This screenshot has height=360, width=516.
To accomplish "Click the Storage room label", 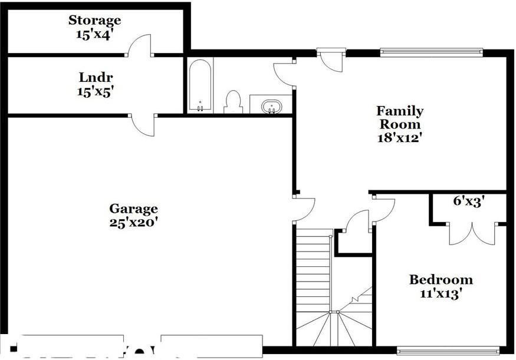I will tap(95, 21).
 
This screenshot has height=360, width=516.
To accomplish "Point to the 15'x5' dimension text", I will tap(95, 91).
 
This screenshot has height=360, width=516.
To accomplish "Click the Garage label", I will tap(133, 209).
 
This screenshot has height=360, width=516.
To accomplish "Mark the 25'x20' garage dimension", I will tap(133, 223).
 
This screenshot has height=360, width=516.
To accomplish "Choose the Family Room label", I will tap(400, 117).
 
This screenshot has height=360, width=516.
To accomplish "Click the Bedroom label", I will tap(441, 280).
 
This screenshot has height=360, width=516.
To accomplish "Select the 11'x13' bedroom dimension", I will tap(441, 293).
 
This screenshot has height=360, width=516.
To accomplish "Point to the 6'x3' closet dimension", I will tap(469, 201).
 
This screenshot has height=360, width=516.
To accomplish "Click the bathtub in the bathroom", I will tap(200, 86).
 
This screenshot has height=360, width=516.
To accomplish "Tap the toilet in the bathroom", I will tap(234, 102).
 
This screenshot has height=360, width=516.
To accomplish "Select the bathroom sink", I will tap(271, 106).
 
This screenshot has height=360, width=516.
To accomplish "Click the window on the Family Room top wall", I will tap(431, 52).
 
